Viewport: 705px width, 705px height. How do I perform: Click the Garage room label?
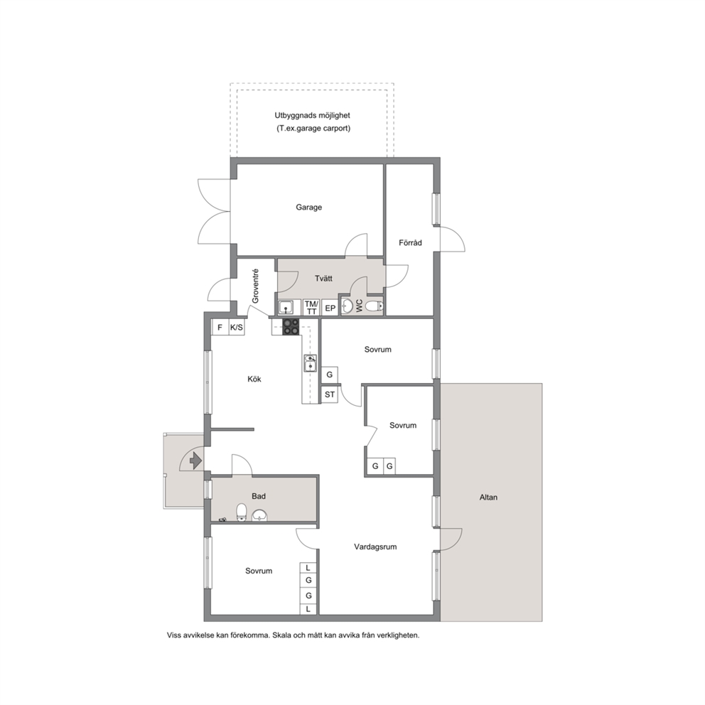pyautogui.click(x=308, y=208)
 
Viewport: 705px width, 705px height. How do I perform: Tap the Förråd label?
pyautogui.click(x=410, y=243)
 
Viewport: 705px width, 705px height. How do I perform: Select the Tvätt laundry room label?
pyautogui.click(x=323, y=279)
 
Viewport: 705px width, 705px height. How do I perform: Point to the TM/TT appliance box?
pyautogui.click(x=311, y=308)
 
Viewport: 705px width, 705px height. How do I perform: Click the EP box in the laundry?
pyautogui.click(x=330, y=308)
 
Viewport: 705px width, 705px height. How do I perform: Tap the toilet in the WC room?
pyautogui.click(x=374, y=306)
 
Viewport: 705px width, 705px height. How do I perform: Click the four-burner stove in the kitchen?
pyautogui.click(x=291, y=327)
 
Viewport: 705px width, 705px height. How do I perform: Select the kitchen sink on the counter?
pyautogui.click(x=311, y=363)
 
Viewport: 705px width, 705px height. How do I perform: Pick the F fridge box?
pyautogui.click(x=220, y=328)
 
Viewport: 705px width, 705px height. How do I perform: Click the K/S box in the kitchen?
pyautogui.click(x=237, y=328)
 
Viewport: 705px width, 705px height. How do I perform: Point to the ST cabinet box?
pyautogui.click(x=330, y=394)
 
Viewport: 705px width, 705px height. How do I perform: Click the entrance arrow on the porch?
pyautogui.click(x=195, y=461)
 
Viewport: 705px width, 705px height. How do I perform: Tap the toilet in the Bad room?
pyautogui.click(x=242, y=512)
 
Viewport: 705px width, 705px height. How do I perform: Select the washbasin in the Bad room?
pyautogui.click(x=259, y=515)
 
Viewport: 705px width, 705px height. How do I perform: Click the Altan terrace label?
pyautogui.click(x=488, y=497)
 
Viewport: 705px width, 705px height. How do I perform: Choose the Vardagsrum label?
pyautogui.click(x=375, y=547)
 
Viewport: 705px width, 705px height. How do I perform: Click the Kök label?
pyautogui.click(x=254, y=379)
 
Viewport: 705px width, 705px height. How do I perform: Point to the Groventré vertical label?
pyautogui.click(x=255, y=286)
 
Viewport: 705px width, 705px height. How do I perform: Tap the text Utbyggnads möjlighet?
pyautogui.click(x=313, y=116)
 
